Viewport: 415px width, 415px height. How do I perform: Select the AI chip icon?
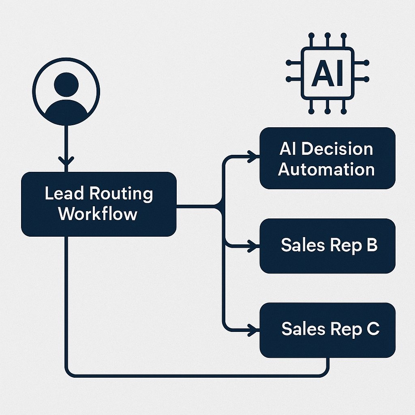pos(327,73)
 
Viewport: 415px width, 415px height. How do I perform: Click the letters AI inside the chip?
pos(327,74)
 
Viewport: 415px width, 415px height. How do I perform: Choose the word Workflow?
pos(98,214)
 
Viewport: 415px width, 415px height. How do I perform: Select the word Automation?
pos(326,169)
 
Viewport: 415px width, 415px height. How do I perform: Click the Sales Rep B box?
pos(327,246)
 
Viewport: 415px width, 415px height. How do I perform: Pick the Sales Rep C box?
pos(327,329)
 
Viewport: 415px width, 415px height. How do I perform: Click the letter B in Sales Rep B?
pos(371,245)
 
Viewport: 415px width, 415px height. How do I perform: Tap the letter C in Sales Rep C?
pos(372,329)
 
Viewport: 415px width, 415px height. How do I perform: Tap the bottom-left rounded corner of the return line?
pos(69,373)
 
